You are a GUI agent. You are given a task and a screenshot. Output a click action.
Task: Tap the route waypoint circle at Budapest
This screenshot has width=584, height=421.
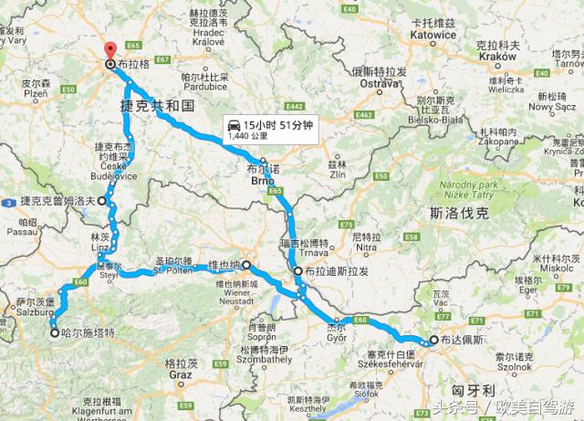(x=433, y=340)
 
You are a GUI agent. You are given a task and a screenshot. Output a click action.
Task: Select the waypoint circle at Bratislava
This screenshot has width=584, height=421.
(x=298, y=271)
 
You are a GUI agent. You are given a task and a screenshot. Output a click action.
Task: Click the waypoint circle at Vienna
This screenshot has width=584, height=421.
(x=246, y=266)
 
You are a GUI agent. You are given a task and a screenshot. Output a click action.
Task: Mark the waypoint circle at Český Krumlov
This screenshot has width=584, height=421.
(x=102, y=200)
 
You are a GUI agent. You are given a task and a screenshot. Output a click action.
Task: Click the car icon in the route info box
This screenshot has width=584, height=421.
(x=236, y=124)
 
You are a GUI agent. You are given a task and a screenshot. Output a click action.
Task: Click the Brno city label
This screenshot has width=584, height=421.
(x=263, y=180)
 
